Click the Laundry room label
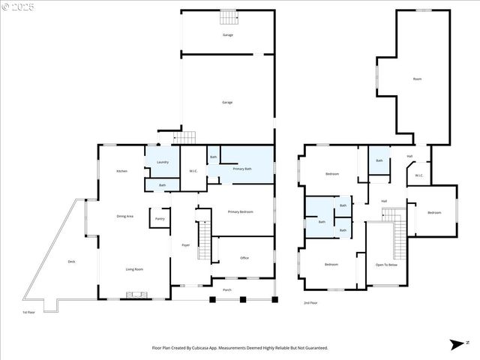[x=163, y=162]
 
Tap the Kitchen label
[x=121, y=172]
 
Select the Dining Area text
[x=124, y=216]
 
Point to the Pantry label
[x=160, y=219]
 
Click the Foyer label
[x=185, y=245]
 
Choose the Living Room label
[x=134, y=269]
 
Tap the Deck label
[x=72, y=262]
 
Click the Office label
[x=244, y=258]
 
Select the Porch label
[x=226, y=289]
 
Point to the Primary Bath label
[x=242, y=169]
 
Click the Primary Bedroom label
[x=241, y=212]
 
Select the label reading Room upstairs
[x=417, y=79]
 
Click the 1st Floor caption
[x=28, y=312]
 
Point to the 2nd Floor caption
[x=310, y=303]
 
